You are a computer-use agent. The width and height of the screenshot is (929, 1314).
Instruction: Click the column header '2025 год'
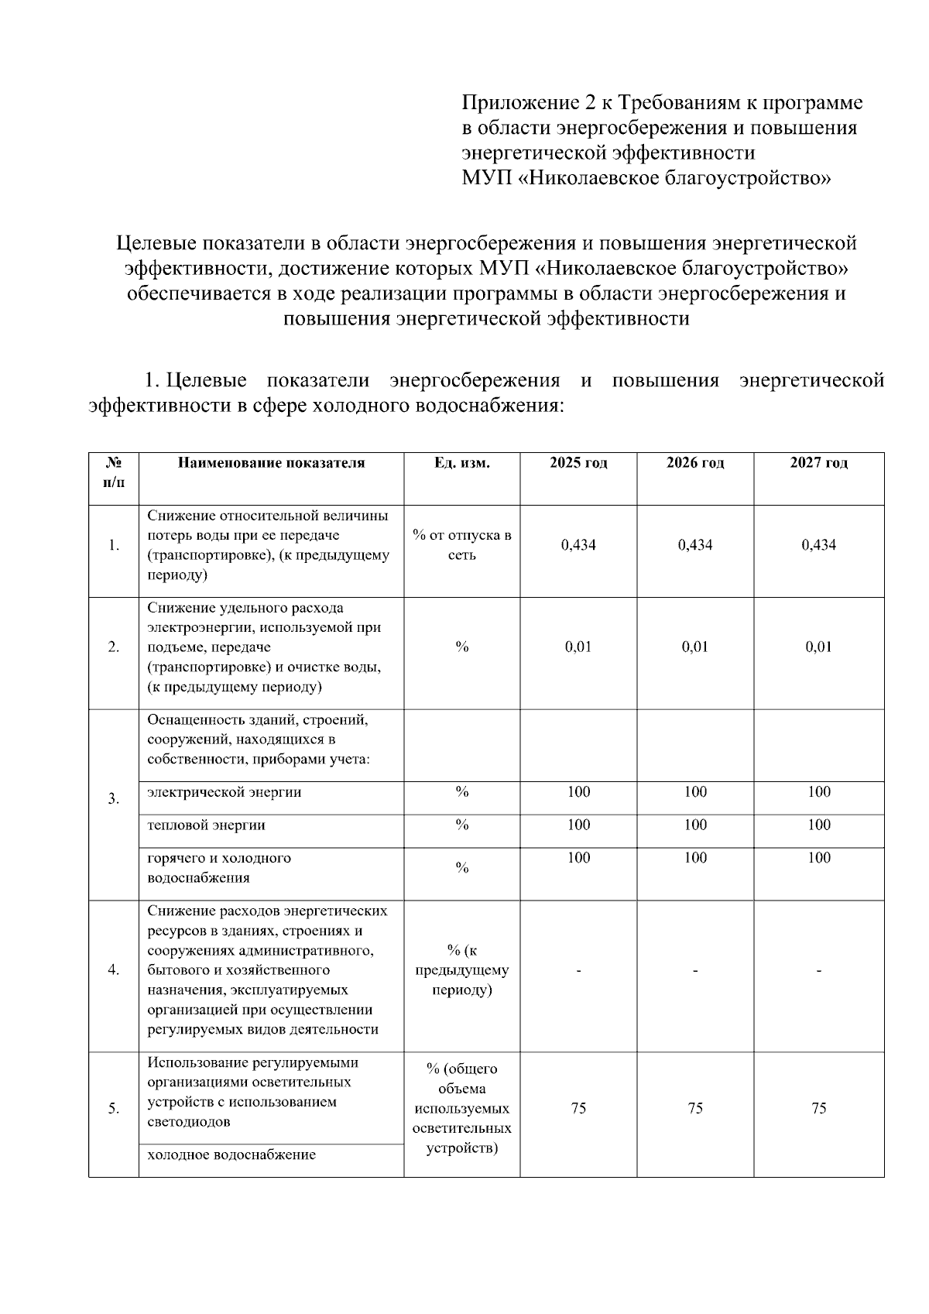[578, 463]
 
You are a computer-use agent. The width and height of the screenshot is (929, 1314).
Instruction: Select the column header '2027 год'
[818, 463]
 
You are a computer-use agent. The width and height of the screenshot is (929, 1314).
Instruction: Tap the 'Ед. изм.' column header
[461, 463]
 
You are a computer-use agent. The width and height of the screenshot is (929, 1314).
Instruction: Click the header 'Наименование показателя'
[271, 463]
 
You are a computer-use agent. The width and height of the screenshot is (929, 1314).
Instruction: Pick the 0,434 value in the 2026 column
[695, 545]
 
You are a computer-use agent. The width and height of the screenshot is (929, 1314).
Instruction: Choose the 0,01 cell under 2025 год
[578, 647]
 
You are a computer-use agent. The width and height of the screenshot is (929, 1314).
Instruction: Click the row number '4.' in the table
[114, 970]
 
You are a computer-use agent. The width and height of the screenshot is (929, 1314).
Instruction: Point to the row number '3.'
[114, 798]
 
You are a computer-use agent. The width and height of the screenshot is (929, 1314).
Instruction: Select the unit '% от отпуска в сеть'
[461, 545]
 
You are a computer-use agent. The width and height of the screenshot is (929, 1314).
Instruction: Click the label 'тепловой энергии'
[207, 825]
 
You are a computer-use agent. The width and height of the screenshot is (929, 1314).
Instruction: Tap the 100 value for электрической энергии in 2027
[818, 792]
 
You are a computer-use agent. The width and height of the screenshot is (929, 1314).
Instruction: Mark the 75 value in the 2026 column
[695, 1109]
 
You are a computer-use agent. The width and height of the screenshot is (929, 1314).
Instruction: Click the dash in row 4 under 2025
[578, 970]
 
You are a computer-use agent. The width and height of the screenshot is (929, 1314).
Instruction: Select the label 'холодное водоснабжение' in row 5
[231, 1155]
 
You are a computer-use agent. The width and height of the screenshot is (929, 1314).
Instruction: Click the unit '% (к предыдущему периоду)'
[461, 970]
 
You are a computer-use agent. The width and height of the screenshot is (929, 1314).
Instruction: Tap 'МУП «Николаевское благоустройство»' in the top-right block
[646, 179]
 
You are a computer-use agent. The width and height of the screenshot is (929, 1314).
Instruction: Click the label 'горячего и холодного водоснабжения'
[220, 868]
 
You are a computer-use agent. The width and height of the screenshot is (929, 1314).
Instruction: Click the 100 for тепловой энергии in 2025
[578, 825]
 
